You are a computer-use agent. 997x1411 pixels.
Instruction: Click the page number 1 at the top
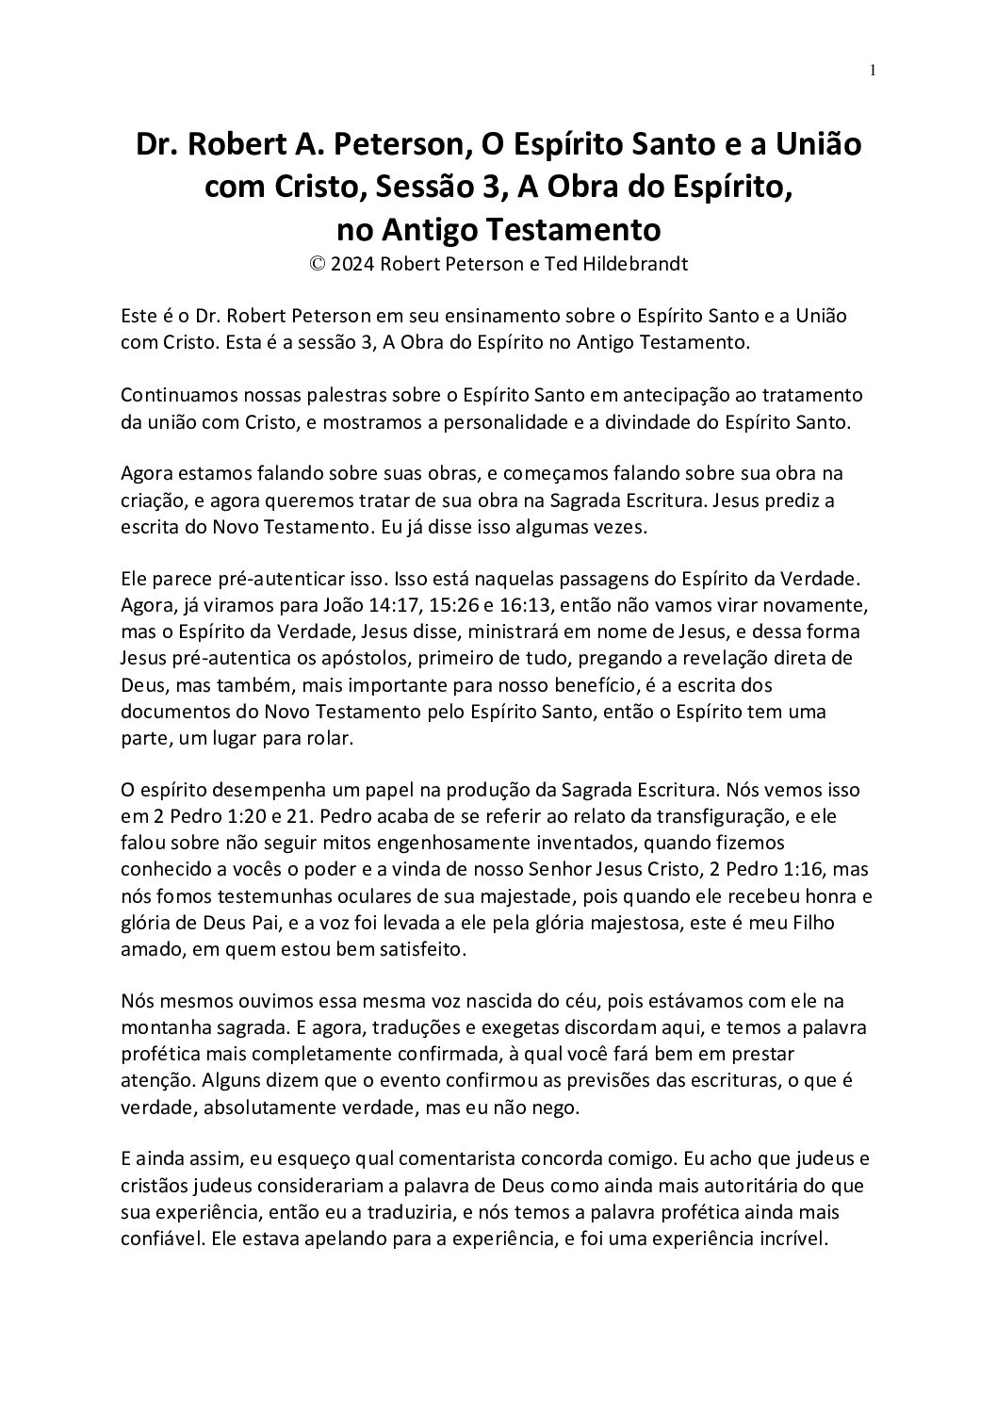874,69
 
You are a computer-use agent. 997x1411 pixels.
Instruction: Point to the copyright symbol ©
317,264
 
